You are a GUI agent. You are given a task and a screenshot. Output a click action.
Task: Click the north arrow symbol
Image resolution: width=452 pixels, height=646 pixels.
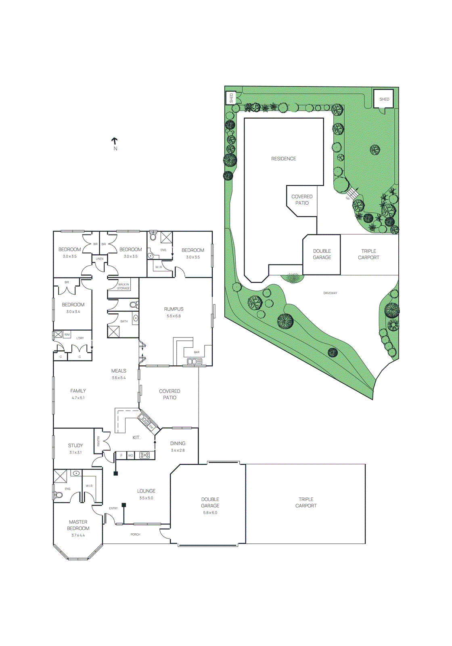pos(115,141)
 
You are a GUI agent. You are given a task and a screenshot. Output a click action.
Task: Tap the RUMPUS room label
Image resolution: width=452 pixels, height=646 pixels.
pos(174,309)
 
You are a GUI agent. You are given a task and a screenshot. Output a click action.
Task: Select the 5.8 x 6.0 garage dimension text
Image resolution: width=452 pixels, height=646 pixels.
pos(210,513)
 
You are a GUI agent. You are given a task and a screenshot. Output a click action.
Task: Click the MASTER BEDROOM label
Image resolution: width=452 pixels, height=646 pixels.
pos(78,525)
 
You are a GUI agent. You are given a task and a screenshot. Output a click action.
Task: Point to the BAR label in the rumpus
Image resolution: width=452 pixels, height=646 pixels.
pos(197,352)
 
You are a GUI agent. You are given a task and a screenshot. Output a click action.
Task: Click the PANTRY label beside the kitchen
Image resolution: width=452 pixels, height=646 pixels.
pos(98,441)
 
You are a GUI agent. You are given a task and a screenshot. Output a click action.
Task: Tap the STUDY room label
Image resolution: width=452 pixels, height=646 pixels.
pos(75,445)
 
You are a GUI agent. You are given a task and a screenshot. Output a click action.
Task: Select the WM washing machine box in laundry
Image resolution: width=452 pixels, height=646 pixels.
pos(67,335)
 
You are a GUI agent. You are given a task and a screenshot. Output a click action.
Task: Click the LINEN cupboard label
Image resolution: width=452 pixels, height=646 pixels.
pos(100,259)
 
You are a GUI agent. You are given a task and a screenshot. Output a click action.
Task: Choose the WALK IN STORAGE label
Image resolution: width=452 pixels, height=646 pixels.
pos(123,286)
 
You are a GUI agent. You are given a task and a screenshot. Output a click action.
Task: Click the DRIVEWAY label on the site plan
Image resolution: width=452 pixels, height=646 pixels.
pos(330,293)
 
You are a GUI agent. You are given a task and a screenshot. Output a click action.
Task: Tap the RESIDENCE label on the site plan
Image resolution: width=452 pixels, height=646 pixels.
pos(283,159)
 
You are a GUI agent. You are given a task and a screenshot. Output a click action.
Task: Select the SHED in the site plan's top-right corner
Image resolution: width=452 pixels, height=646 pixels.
pos(384,99)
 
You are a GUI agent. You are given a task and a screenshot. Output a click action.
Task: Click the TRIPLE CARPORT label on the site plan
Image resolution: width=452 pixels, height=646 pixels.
pos(368,254)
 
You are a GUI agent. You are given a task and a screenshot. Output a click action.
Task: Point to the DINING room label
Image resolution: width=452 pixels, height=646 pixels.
pos(178,443)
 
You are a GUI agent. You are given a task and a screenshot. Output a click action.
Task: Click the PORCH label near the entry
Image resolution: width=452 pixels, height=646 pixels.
pos(135,535)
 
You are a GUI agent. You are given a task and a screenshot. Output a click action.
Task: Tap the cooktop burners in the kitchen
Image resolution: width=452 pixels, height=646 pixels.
pos(144,455)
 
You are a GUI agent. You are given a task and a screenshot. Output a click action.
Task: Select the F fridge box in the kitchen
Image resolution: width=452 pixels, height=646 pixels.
pos(121,455)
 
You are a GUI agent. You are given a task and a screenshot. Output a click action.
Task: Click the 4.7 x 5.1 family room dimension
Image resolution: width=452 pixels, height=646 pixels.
pos(78,398)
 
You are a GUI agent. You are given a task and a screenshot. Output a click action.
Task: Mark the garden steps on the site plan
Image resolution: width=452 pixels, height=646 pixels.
pos(353,193)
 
